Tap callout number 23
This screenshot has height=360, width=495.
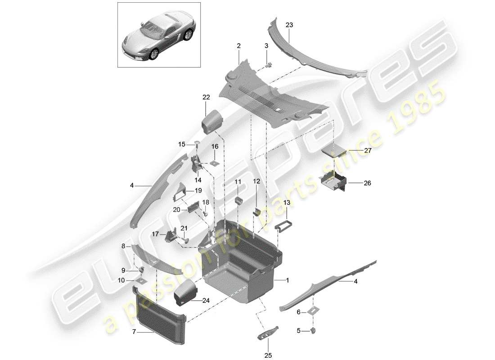tap(289, 26)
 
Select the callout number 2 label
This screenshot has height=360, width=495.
tap(238, 46)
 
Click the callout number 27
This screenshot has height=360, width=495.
tap(368, 151)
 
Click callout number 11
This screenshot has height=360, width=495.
tap(238, 181)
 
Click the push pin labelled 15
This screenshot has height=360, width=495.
tap(197, 144)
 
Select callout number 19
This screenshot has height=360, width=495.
tap(198, 191)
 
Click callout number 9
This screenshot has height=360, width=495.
tap(122, 270)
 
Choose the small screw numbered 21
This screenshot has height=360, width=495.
tap(184, 239)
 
